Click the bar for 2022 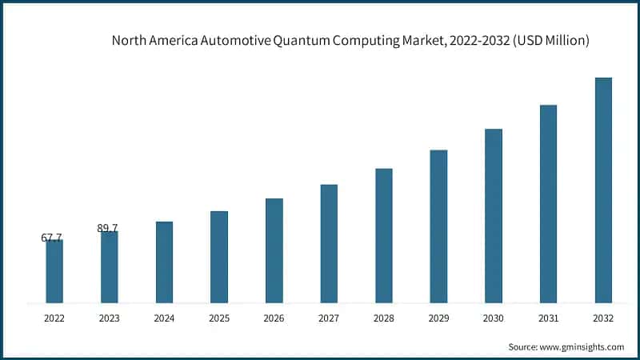tap(54, 271)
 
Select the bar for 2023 tap(109, 267)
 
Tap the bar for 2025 tap(219, 257)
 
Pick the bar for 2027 tap(329, 244)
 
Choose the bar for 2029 tap(438, 226)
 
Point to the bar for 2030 tap(494, 216)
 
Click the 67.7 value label tap(51, 238)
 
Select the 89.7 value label tap(107, 228)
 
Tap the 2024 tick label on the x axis tap(164, 318)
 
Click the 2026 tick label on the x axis tap(274, 318)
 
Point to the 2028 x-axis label tap(384, 318)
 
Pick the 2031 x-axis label tap(548, 318)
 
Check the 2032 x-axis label tap(603, 318)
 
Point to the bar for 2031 tap(548, 204)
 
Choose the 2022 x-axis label tap(54, 318)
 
